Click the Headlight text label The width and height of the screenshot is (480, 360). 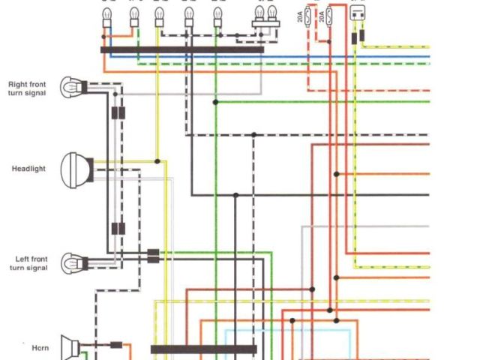(x=28, y=169)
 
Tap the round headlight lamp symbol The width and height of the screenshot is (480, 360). (x=76, y=169)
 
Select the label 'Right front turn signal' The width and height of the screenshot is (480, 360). (x=28, y=88)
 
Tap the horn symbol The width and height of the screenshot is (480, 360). (x=71, y=347)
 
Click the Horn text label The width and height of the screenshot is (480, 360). (x=41, y=348)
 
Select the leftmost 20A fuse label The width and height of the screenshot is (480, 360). (x=301, y=16)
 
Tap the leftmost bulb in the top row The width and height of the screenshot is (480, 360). (x=106, y=19)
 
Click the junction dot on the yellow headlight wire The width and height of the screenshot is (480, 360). (x=157, y=161)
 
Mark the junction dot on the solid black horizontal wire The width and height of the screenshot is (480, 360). (x=235, y=195)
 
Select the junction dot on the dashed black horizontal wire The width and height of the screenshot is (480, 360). (x=253, y=135)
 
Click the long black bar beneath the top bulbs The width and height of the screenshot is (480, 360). (x=182, y=49)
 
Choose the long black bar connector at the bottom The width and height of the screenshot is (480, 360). (x=203, y=349)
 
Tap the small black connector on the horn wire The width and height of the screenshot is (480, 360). (x=116, y=346)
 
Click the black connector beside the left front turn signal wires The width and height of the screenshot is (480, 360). (x=153, y=256)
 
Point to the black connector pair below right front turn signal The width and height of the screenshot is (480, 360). (x=118, y=114)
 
